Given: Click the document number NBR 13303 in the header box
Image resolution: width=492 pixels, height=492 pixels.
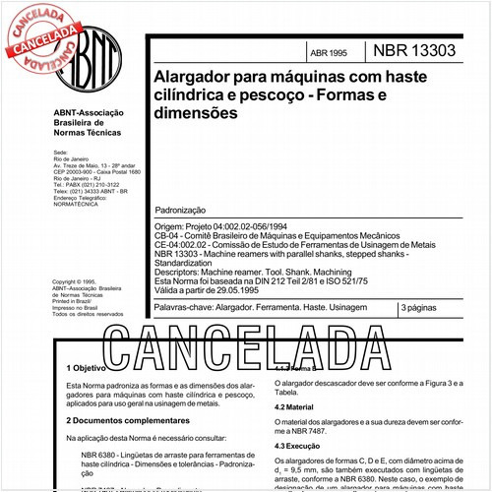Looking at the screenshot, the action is (414, 49).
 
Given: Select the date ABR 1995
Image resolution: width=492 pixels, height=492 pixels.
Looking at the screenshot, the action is (328, 52).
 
